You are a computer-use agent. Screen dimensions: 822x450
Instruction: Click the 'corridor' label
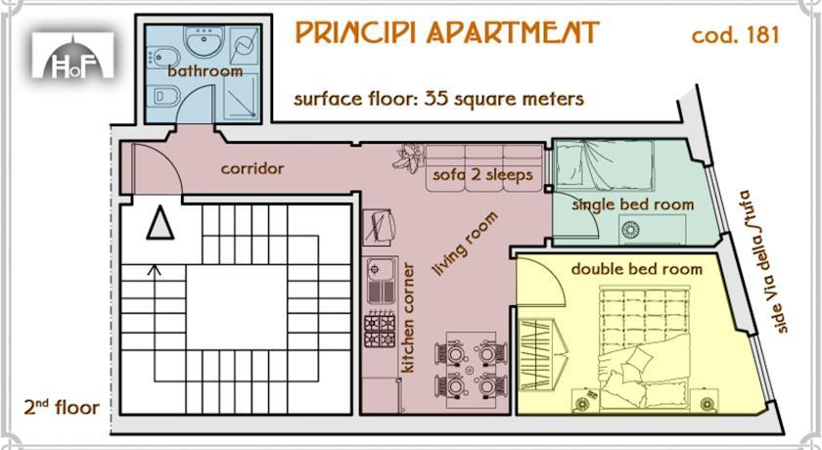(252, 168)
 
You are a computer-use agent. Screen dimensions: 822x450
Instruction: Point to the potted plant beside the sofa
(408, 158)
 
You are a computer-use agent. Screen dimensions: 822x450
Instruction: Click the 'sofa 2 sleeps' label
(482, 175)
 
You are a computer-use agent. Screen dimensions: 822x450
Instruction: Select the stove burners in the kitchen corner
(380, 330)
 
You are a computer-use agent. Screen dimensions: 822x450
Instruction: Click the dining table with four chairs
(472, 370)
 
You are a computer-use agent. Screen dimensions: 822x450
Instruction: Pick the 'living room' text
(465, 245)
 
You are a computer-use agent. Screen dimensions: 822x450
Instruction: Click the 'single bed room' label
(633, 204)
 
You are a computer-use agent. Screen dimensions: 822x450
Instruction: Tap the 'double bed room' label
(636, 269)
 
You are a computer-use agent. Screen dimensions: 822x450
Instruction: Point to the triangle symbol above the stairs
(160, 223)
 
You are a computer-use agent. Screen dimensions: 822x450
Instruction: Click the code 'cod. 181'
(735, 35)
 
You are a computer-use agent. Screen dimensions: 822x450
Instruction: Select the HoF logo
(72, 56)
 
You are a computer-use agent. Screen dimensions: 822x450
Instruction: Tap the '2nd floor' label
(62, 407)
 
